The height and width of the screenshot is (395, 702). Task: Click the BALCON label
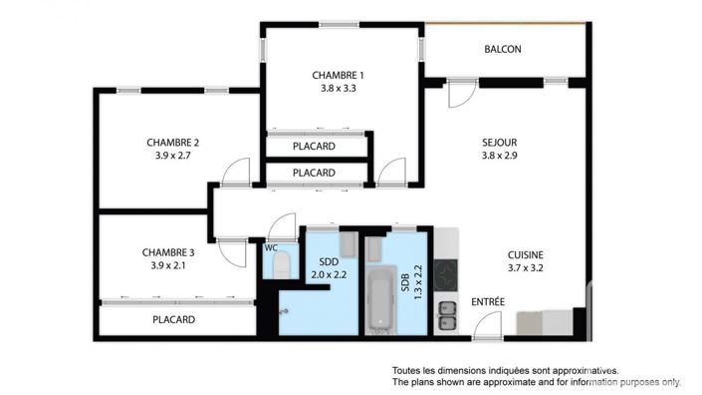503,49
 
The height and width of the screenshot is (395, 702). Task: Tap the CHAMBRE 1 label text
338,75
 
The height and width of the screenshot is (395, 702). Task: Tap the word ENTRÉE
488,301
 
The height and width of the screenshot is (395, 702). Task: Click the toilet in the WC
281,266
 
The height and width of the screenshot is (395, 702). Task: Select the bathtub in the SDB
380,300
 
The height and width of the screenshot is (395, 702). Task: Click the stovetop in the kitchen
445,271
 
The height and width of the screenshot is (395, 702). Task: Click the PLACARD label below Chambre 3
173,320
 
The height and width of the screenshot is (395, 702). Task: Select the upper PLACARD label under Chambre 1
314,147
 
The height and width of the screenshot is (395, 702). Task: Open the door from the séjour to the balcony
459,94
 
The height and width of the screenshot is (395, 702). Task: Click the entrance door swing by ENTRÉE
488,325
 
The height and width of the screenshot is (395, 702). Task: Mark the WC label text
269,247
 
